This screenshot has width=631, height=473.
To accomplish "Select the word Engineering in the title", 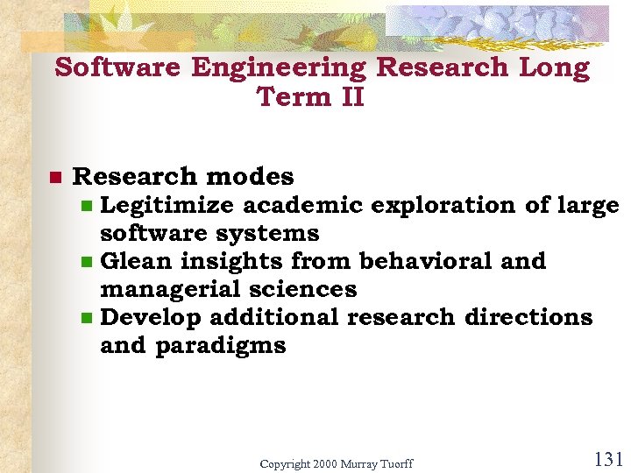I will click(x=280, y=67).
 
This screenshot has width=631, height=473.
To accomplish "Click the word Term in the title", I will click(x=293, y=96).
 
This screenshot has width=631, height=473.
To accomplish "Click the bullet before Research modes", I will click(x=54, y=178).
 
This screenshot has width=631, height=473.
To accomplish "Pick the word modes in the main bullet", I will click(x=255, y=177).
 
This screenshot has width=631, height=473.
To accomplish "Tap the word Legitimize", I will click(x=167, y=206).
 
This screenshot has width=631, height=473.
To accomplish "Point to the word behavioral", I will click(x=437, y=261).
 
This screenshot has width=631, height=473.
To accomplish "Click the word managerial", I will click(x=177, y=289).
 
